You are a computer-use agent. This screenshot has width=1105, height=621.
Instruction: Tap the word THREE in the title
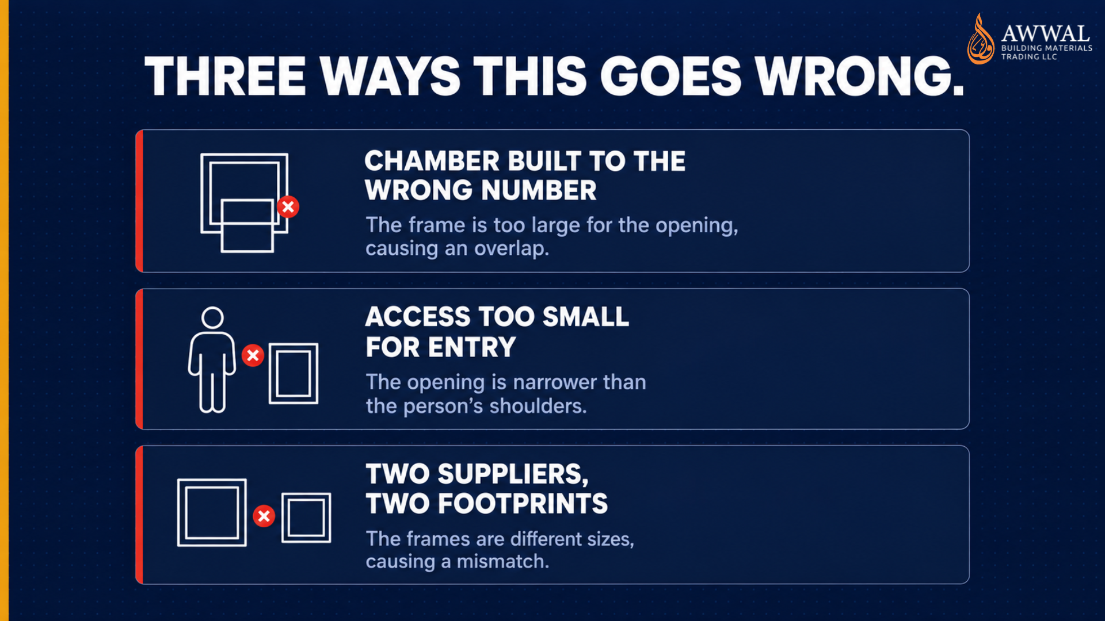225,76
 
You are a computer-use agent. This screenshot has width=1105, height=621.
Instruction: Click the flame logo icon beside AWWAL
981,39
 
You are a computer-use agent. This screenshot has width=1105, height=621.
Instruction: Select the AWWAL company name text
1045,33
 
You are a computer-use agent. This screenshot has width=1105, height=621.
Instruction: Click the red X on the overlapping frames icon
288,207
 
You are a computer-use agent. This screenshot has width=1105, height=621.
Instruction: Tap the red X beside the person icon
253,355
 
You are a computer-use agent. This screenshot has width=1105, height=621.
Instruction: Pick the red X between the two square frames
264,516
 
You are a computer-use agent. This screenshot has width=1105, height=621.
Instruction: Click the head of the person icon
212,317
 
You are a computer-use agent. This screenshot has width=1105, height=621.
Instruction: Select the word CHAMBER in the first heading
432,161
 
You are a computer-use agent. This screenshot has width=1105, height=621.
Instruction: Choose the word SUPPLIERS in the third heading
513,475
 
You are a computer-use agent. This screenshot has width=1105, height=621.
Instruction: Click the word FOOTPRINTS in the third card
523,504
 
